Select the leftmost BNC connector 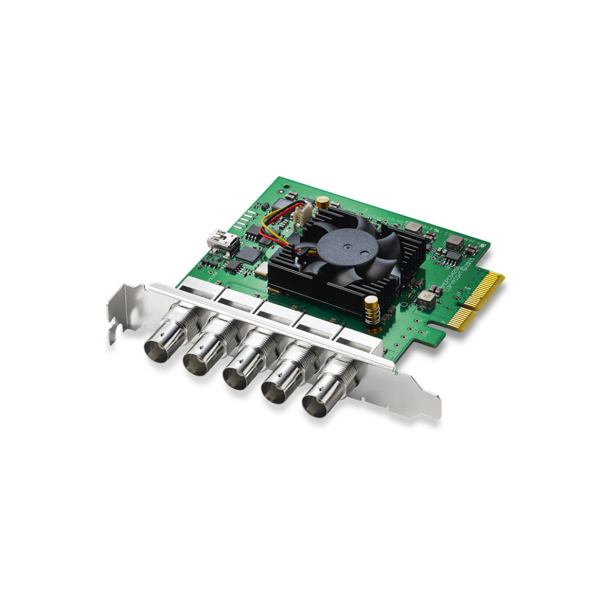pyautogui.click(x=159, y=347)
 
